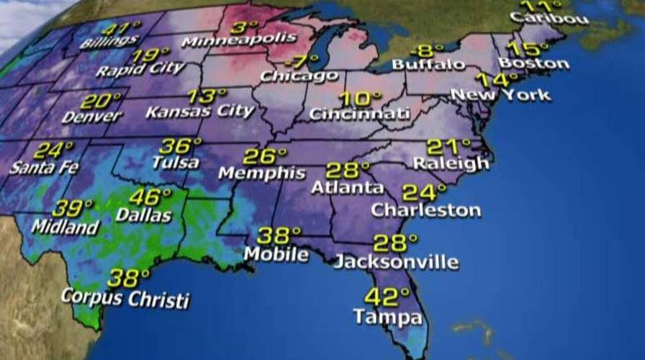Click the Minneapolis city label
[238, 40]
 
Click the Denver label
[91, 117]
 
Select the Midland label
[65, 227]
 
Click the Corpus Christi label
[125, 297]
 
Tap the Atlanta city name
[348, 188]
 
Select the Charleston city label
[426, 210]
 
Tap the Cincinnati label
[360, 114]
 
